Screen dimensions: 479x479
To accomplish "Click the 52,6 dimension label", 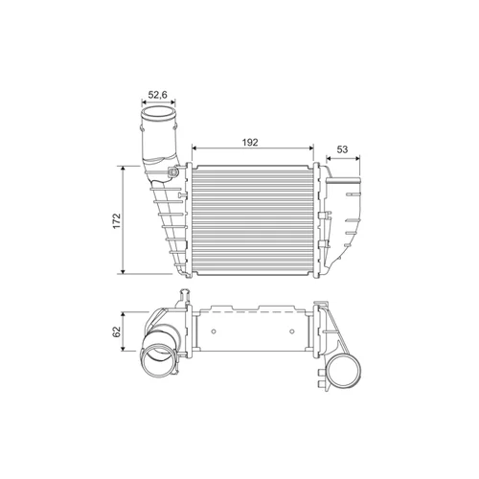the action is click(x=158, y=95).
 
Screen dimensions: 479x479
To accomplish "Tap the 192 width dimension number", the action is click(x=250, y=143).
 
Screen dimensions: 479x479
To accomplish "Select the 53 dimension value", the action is click(x=342, y=149).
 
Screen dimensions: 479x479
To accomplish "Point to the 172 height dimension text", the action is click(x=117, y=220).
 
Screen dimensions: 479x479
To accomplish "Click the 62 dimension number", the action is click(x=117, y=331).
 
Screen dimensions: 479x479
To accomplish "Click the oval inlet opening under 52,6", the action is click(x=158, y=114).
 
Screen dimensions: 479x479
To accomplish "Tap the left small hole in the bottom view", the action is click(x=214, y=331).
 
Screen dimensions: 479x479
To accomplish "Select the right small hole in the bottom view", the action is click(x=291, y=331).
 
